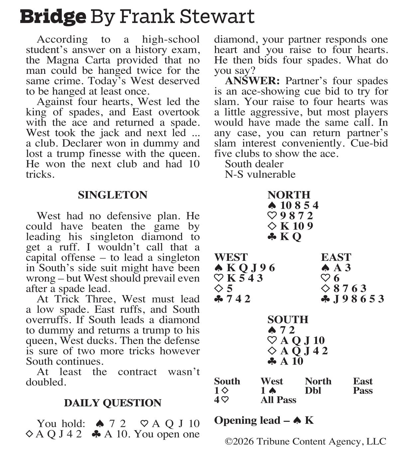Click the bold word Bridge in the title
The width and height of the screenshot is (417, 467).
53,17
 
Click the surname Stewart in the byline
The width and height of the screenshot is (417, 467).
217,17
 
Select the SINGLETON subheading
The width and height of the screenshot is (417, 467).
113,195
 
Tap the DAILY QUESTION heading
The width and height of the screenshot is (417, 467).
113,403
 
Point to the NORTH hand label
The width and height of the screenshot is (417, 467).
289,195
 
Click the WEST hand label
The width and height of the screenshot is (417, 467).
231,257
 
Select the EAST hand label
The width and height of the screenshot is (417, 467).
336,257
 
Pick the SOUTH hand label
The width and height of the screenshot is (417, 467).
288,320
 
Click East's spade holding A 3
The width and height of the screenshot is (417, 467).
336,268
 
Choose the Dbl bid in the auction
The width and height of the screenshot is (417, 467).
313,391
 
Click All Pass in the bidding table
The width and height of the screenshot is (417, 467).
278,400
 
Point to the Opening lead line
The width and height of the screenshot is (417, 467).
264,420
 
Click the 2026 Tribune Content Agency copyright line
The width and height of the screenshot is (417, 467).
305,442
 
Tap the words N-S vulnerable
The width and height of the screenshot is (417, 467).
260,175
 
